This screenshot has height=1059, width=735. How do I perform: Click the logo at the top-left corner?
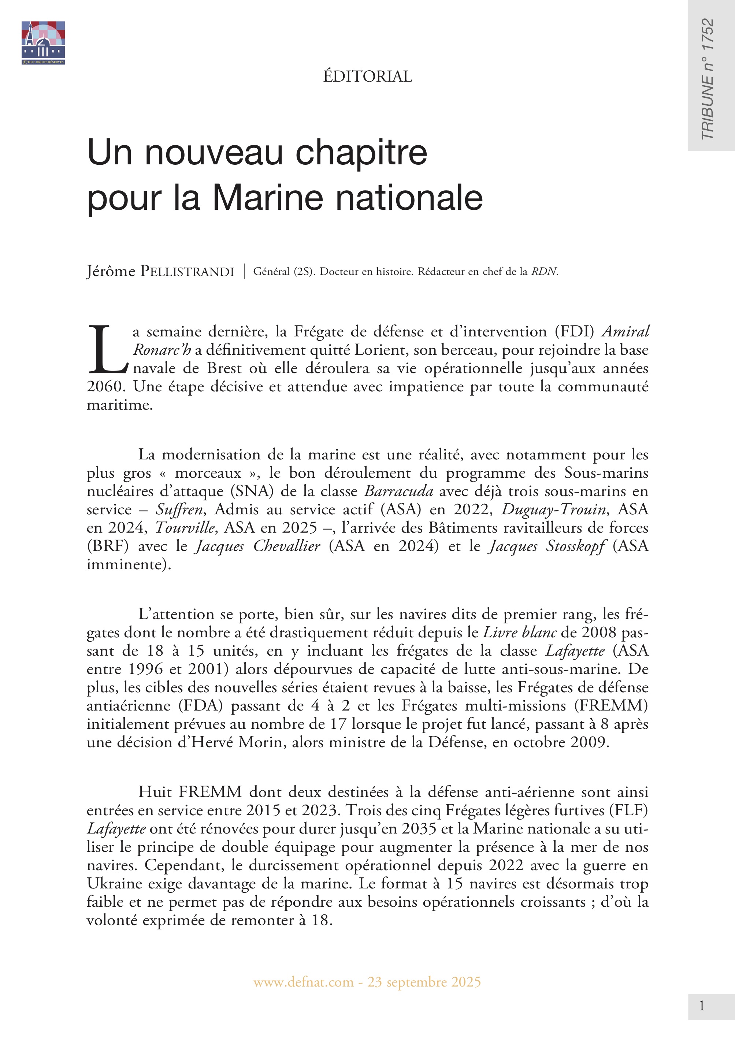pos(43,42)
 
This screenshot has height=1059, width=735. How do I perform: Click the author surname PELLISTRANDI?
pos(187,272)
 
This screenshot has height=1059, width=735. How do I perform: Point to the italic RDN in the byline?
pos(544,272)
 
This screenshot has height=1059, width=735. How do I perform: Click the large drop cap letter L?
pos(107,349)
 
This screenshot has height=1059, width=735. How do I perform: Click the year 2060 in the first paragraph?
pos(105,386)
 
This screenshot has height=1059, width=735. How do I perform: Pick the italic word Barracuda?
pos(398,491)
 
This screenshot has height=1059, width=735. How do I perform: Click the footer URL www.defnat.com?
pos(303,982)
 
